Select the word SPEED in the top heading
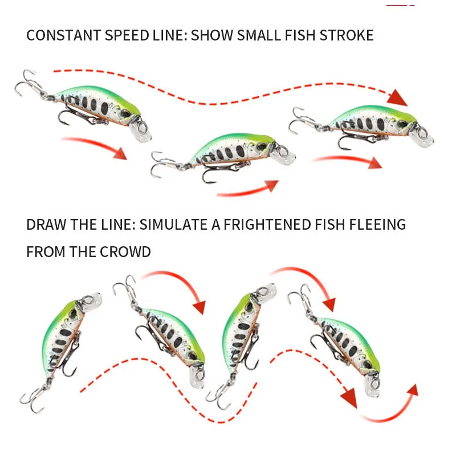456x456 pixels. [x=121, y=35]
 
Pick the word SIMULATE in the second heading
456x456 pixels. [x=174, y=224]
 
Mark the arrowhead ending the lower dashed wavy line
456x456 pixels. [x=349, y=398]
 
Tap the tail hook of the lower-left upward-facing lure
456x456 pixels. [x=31, y=400]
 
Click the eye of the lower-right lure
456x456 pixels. [x=365, y=370]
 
